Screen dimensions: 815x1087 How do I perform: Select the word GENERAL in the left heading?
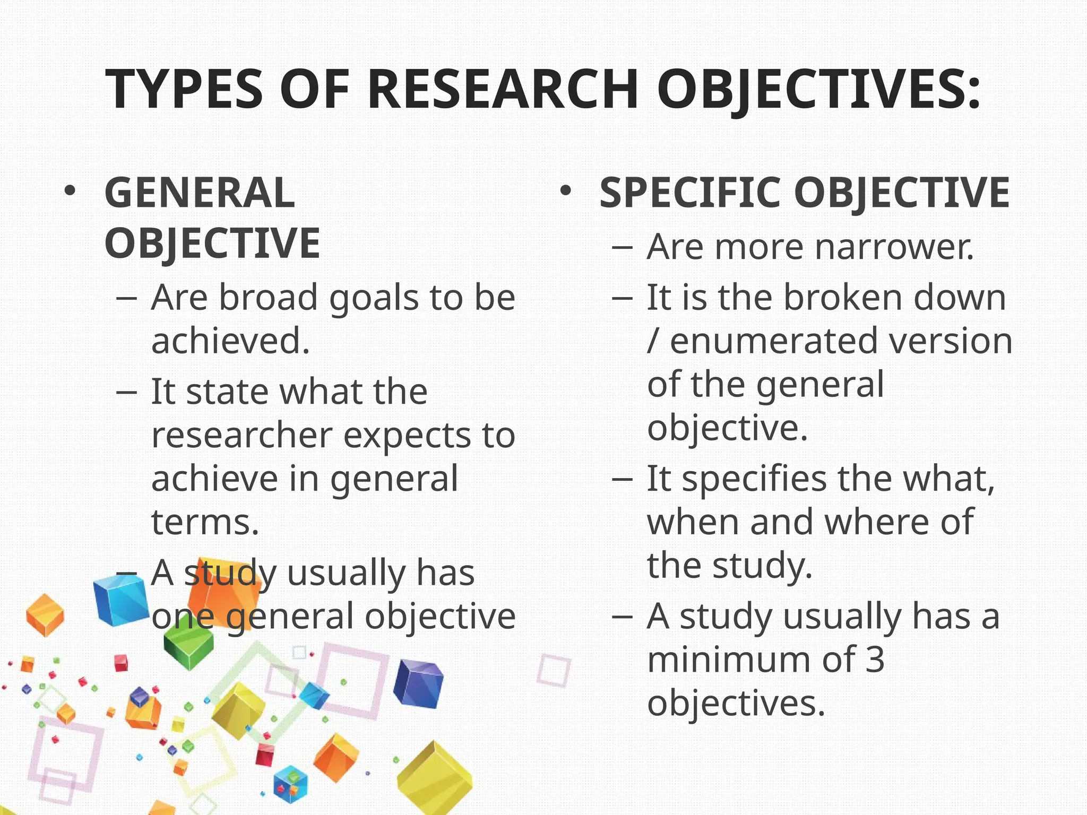coord(200,193)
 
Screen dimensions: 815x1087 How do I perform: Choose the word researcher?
coord(242,435)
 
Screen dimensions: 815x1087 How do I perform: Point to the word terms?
coord(205,522)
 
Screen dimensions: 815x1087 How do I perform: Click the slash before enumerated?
coord(654,342)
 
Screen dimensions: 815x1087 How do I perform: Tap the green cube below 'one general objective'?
coord(189,647)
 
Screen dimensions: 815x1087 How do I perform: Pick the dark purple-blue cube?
coord(418,683)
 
